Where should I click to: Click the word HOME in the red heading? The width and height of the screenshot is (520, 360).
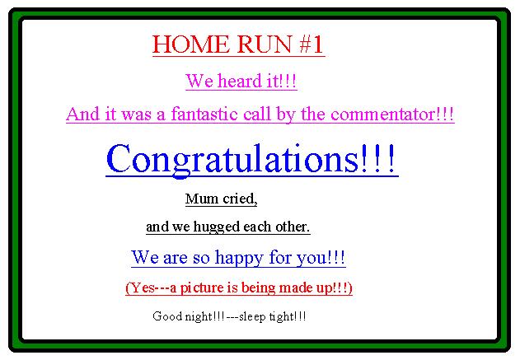pyautogui.click(x=190, y=44)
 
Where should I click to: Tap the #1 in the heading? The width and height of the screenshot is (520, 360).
pyautogui.click(x=311, y=44)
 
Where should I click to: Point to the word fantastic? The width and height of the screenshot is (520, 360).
pyautogui.click(x=204, y=114)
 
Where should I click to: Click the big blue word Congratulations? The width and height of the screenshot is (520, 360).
pyautogui.click(x=232, y=159)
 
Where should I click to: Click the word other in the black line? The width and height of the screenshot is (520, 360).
pyautogui.click(x=293, y=227)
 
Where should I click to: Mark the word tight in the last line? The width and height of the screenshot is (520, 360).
pyautogui.click(x=281, y=316)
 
